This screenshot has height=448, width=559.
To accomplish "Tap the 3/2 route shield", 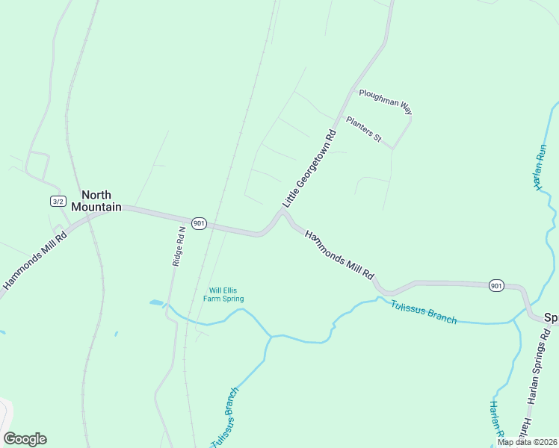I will click(x=58, y=201).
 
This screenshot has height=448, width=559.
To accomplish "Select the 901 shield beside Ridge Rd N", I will click(x=198, y=223).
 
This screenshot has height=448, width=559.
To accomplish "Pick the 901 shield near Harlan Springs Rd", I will click(x=496, y=285).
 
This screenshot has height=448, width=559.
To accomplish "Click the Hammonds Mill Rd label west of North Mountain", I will click(x=35, y=259).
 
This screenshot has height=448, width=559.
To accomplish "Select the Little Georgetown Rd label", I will click(x=309, y=169).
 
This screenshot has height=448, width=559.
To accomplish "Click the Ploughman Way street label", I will click(x=386, y=101).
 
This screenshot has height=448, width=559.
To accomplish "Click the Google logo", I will click(x=25, y=439).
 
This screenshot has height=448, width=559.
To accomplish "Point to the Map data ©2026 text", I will click(x=527, y=442).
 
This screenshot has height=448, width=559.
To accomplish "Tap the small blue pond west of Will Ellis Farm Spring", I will click(x=156, y=302).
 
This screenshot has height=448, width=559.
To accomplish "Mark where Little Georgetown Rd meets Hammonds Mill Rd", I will click(x=282, y=214).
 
